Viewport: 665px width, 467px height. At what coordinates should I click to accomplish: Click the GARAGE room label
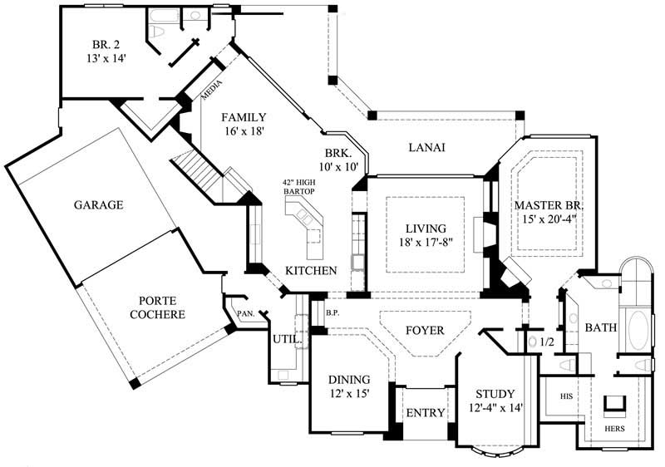coord(97,204)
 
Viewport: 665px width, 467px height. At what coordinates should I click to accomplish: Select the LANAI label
coord(428,148)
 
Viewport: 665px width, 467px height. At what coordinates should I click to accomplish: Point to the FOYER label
coord(424,330)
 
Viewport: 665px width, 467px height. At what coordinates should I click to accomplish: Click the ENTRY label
coord(425,413)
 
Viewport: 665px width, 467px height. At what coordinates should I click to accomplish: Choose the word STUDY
coord(495,394)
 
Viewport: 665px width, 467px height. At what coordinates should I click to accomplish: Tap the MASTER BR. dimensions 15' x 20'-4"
coord(549,220)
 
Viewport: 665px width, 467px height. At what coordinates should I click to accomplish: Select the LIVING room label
coord(426,229)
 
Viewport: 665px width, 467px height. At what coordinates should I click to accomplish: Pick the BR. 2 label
coord(106,45)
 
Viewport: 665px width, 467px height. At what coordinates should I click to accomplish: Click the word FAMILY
coord(244,117)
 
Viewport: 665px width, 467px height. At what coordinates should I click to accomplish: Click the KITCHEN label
coord(311,271)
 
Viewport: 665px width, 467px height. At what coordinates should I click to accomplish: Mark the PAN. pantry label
coord(245,314)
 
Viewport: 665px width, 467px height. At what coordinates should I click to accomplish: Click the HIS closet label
coord(567,396)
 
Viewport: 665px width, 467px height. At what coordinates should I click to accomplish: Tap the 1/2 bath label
coord(546,342)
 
